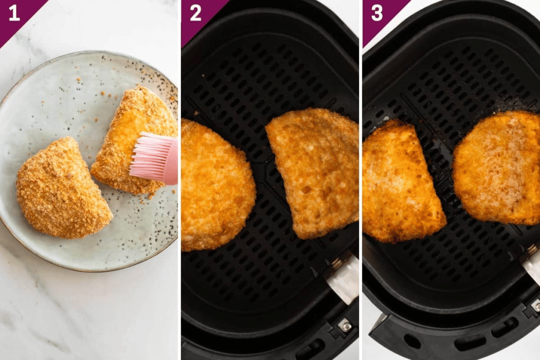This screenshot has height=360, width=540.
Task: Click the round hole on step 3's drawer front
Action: (x=412, y=341)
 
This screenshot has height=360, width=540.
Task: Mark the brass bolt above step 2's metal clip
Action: (x=336, y=262)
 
